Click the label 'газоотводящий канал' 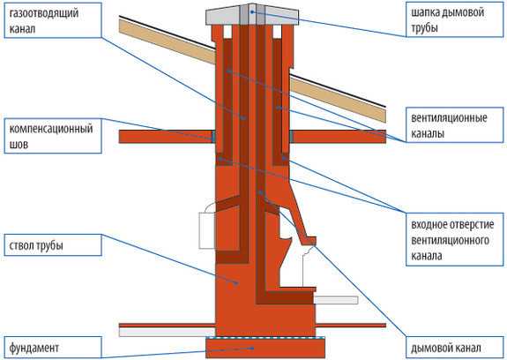[x=53, y=20]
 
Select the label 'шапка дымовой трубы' [x=455, y=20]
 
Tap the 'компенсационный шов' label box [x=53, y=136]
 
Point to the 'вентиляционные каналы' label [x=455, y=125]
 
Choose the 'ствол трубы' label [x=53, y=245]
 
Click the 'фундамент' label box [x=53, y=348]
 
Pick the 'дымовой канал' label [x=455, y=348]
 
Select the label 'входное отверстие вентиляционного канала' [x=455, y=240]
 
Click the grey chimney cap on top [x=252, y=15]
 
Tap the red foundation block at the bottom [x=265, y=349]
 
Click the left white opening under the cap [x=227, y=33]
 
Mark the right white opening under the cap [x=277, y=33]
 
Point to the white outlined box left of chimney [x=207, y=227]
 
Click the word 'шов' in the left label [x=19, y=144]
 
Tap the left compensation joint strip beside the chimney [x=213, y=137]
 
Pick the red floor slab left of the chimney [x=166, y=137]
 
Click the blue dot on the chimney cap [x=252, y=11]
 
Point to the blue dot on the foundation [x=252, y=349]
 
